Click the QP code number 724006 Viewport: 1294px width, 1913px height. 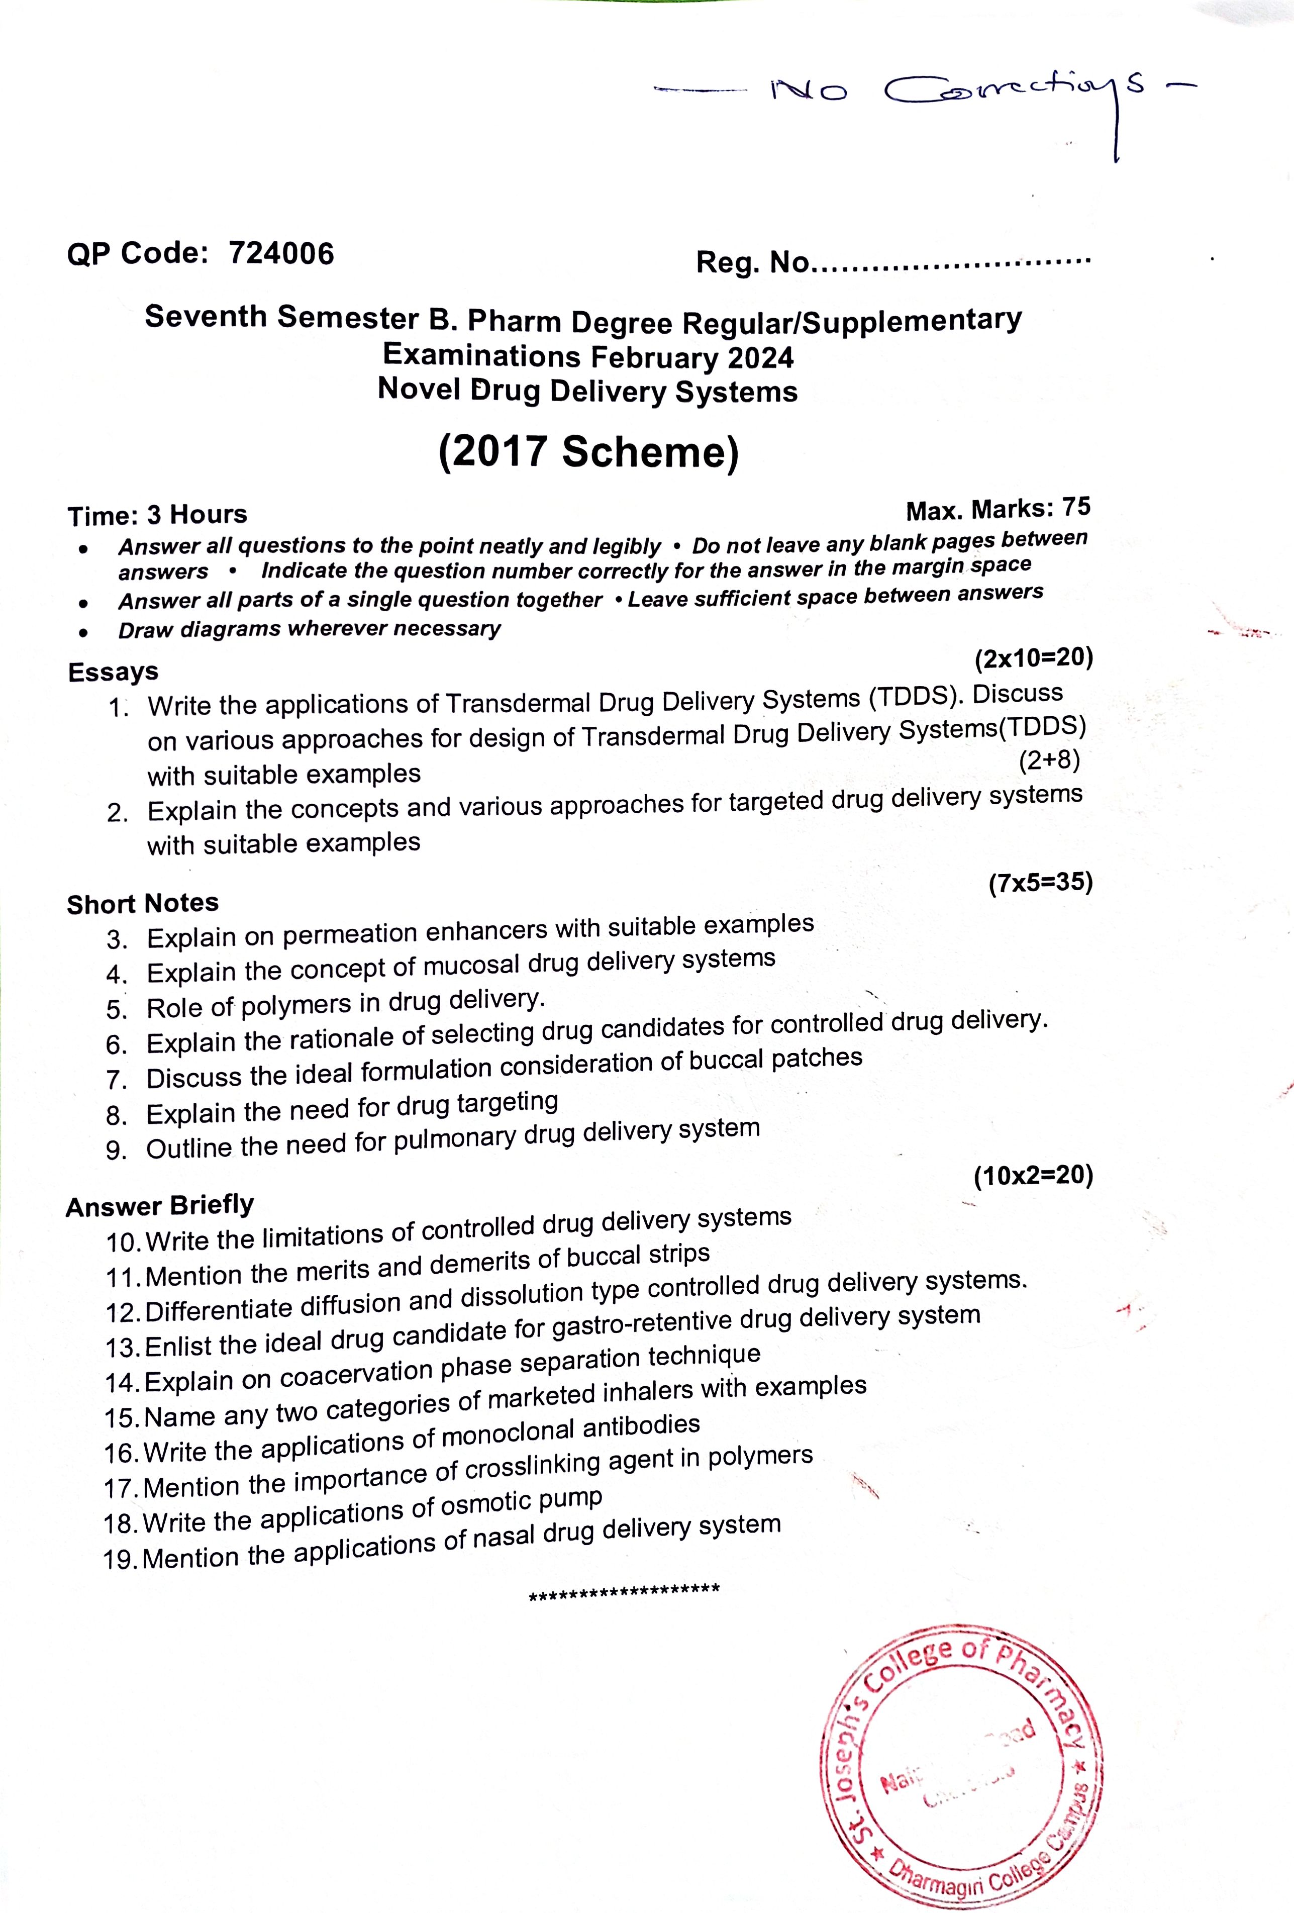[281, 253]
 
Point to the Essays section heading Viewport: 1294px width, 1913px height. [113, 672]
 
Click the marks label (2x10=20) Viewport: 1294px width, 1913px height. [1033, 658]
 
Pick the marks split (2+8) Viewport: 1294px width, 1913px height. [1049, 760]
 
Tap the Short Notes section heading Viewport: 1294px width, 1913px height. [142, 904]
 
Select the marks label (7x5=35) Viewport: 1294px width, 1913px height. [1040, 883]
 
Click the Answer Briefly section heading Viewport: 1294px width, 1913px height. [160, 1206]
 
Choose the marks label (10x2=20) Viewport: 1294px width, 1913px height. [1033, 1176]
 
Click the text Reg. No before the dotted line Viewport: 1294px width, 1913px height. [752, 262]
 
